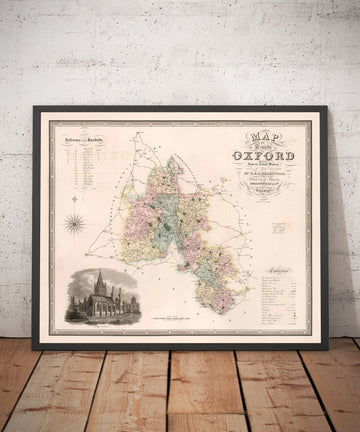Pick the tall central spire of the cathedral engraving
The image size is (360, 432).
click(97, 279)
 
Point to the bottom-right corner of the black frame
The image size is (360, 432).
click(328, 349)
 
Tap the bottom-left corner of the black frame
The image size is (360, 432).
click(34, 349)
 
